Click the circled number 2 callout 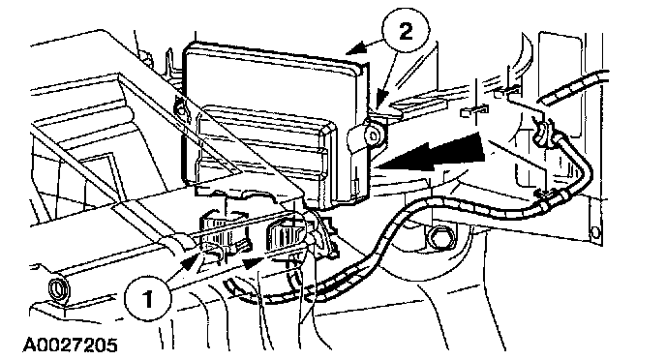[x=406, y=31]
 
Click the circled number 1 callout [x=147, y=298]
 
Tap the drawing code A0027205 [x=70, y=345]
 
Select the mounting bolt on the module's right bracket [x=374, y=135]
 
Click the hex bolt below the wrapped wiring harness [x=438, y=236]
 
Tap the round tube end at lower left [x=56, y=290]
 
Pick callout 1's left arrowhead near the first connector [x=190, y=260]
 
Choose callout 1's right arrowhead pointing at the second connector [x=254, y=262]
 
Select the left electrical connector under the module [x=220, y=234]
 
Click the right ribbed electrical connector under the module [x=284, y=233]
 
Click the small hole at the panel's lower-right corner [x=595, y=232]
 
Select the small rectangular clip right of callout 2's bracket [x=473, y=111]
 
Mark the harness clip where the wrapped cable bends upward [x=552, y=196]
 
